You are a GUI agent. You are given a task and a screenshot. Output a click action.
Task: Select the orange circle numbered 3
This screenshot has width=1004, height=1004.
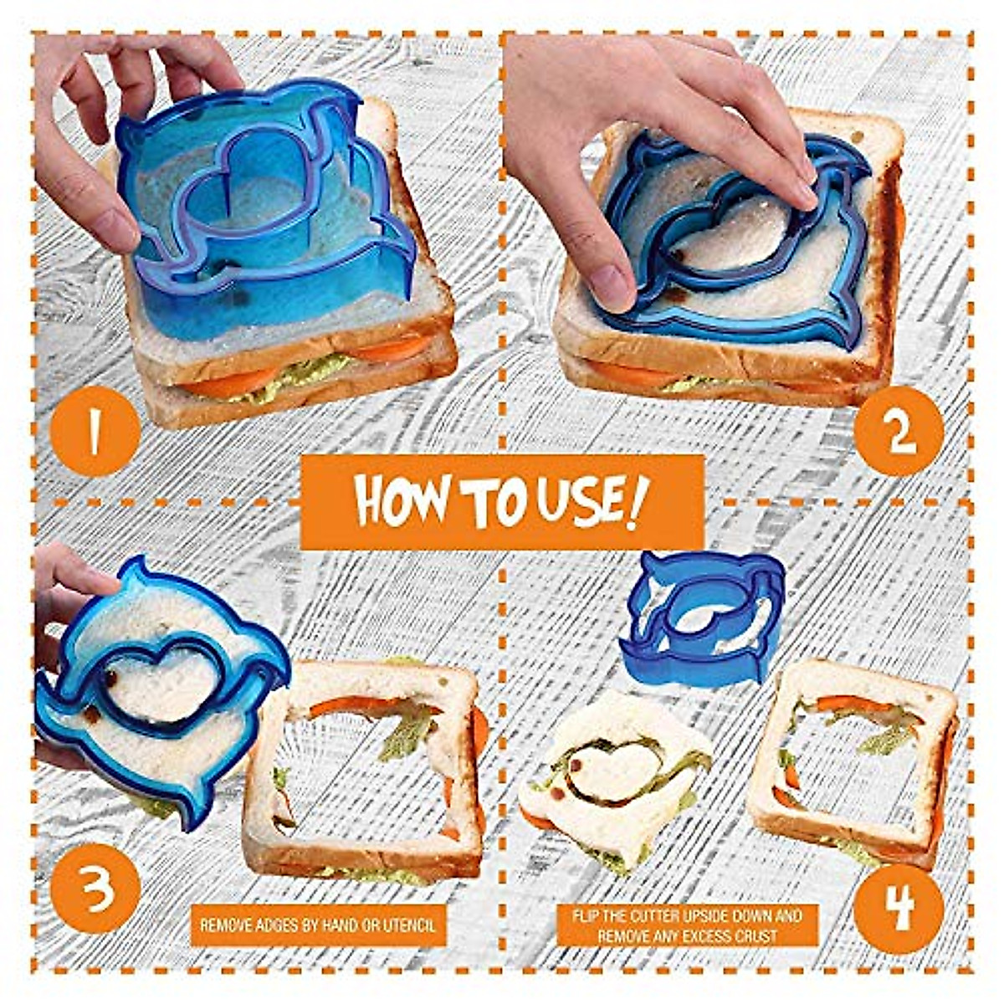click(x=95, y=889)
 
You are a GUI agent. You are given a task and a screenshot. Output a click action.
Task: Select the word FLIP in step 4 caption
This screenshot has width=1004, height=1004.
click(x=588, y=915)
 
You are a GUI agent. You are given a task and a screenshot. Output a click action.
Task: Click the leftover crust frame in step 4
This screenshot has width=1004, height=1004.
click(x=853, y=757)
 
